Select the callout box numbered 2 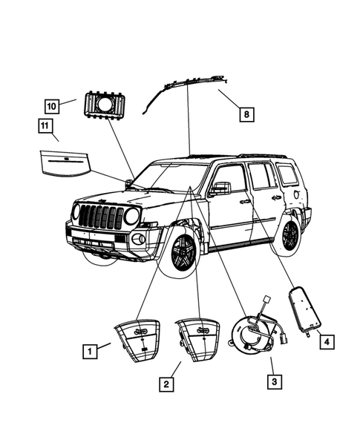(167, 384)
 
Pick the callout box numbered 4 (324, 341)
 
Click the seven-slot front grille (101, 217)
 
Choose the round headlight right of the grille (132, 217)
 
